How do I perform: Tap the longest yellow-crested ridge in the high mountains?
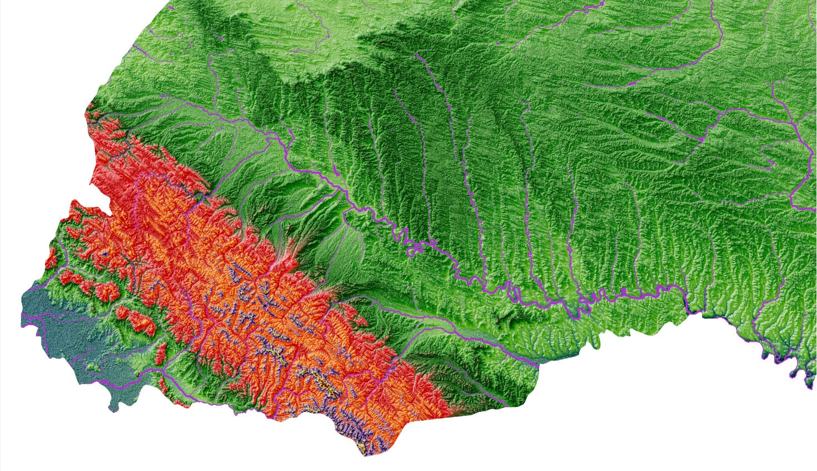322,383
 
